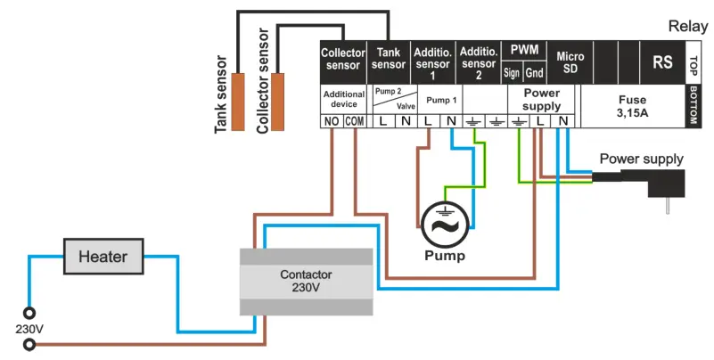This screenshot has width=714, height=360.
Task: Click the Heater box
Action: pos(103,257)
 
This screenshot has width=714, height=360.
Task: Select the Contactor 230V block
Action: pos(306,282)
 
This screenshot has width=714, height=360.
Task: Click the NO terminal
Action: pos(332,121)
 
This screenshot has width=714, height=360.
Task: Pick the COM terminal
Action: pos(354,121)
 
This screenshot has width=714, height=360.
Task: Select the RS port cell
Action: pos(662,62)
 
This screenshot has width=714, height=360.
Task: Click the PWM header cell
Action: pos(523,50)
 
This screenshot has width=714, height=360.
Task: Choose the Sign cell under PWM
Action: pos(512,72)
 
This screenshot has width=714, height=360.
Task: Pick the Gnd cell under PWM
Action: pos(535,72)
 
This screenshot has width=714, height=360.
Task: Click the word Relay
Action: pos(688,28)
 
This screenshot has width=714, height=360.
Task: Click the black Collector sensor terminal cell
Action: pos(342,59)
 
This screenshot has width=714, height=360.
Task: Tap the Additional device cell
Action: pos(342,99)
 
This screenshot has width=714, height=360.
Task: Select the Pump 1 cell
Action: pos(439,100)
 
